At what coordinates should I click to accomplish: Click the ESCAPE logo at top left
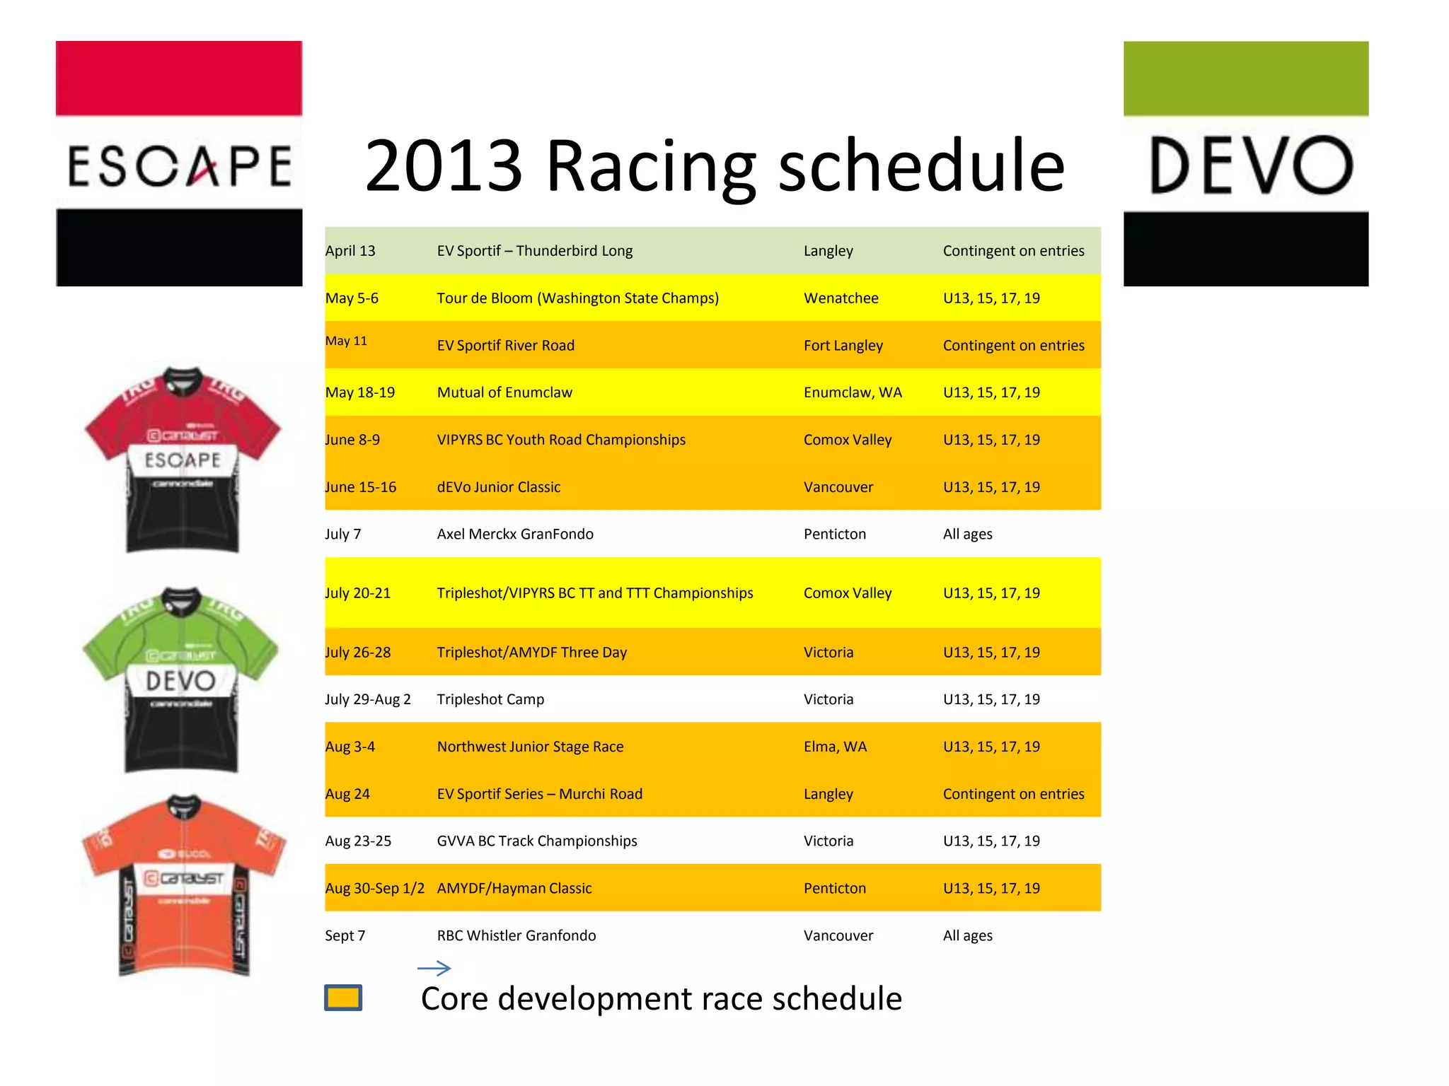[179, 163]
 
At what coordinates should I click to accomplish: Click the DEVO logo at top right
[1246, 163]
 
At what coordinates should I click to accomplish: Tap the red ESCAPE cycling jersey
[183, 460]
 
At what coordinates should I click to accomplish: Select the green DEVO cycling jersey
[181, 679]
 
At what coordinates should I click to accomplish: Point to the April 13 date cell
[350, 251]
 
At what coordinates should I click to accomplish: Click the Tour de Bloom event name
[577, 298]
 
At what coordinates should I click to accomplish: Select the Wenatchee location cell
[841, 298]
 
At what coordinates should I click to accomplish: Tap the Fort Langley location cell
[843, 346]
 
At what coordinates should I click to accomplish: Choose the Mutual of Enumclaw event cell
[504, 392]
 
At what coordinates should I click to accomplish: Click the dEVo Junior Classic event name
[498, 487]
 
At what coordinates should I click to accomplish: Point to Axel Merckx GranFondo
[515, 535]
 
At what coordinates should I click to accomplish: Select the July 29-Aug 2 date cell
[367, 699]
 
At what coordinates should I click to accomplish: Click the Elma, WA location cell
[835, 747]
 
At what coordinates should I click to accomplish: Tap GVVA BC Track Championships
[537, 841]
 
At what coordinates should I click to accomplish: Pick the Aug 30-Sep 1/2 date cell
[374, 889]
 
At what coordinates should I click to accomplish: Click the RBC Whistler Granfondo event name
[516, 935]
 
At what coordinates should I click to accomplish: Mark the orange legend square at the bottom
[343, 998]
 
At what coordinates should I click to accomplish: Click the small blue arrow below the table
[434, 968]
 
